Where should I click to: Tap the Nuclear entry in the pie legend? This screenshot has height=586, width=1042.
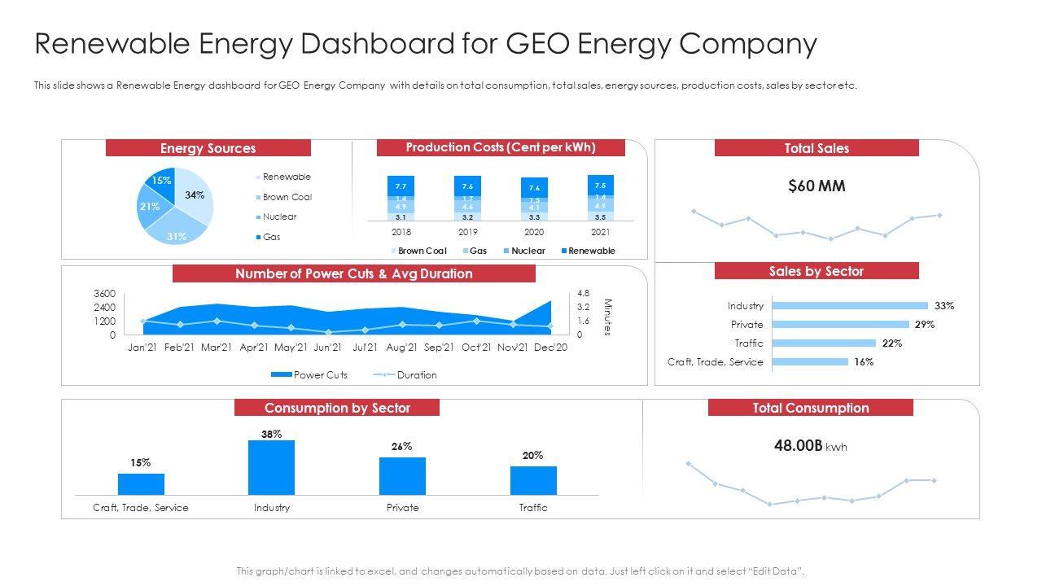tap(279, 217)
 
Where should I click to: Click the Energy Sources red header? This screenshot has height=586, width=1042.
tap(208, 148)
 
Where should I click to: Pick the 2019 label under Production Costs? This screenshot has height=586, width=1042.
tap(467, 232)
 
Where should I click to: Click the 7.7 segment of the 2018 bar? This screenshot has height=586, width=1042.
tap(401, 186)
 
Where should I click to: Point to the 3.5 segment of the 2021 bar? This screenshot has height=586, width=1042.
tap(601, 217)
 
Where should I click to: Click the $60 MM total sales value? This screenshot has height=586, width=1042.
tap(817, 186)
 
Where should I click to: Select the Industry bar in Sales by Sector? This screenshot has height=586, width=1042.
tap(849, 306)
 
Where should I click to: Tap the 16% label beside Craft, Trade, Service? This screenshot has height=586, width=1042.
tap(864, 362)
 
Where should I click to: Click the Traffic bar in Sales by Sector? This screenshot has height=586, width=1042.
tap(823, 343)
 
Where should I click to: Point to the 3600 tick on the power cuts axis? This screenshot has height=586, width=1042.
tap(105, 293)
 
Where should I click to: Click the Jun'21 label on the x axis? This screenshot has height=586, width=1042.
tap(327, 348)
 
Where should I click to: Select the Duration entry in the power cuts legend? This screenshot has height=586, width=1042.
tap(416, 375)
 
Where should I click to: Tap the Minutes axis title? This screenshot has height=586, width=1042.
tap(606, 317)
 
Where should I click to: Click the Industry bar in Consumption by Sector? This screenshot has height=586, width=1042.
tap(271, 467)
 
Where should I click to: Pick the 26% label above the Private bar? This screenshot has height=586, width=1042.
tap(402, 446)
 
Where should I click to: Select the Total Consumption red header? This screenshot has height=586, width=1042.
tap(810, 408)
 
